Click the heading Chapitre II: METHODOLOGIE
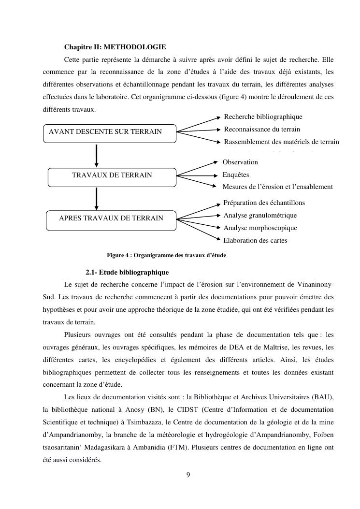(x=115, y=47)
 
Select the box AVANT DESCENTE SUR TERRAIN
(x=110, y=131)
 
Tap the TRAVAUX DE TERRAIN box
(x=112, y=175)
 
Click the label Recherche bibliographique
(x=263, y=117)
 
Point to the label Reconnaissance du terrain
(x=262, y=129)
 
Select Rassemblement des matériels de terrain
(x=281, y=142)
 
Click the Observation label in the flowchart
(x=240, y=162)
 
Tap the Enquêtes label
(x=236, y=175)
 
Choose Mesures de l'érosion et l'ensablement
(x=277, y=187)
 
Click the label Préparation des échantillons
(x=264, y=203)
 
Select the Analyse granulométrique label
(x=260, y=216)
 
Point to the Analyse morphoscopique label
(x=260, y=228)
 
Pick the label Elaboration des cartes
(x=255, y=240)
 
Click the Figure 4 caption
(x=166, y=255)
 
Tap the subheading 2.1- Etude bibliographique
(x=127, y=272)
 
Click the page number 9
(x=188, y=475)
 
